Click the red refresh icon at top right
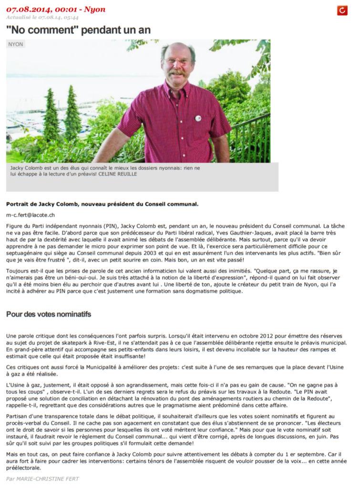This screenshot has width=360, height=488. (x=342, y=10)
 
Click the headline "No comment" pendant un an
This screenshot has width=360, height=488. (x=78, y=30)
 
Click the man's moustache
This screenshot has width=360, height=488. (x=177, y=71)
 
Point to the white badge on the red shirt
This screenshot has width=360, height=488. (x=198, y=118)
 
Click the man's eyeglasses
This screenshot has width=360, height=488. (x=177, y=61)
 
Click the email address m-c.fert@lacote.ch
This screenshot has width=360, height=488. (x=31, y=215)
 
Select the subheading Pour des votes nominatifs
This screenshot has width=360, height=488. (x=48, y=314)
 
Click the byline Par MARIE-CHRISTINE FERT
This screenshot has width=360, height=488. (x=42, y=478)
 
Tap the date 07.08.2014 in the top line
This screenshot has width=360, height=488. (x=26, y=10)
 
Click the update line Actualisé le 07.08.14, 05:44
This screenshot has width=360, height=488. (x=42, y=18)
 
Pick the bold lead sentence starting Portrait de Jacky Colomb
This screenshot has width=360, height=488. (x=102, y=204)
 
